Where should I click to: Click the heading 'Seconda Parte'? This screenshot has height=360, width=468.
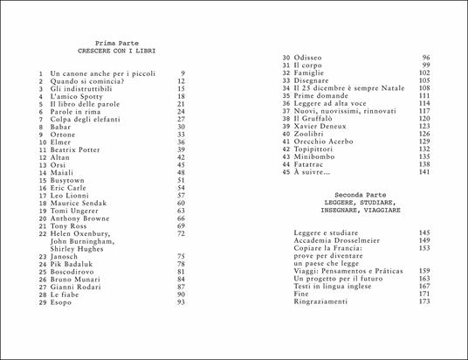tap(359, 192)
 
